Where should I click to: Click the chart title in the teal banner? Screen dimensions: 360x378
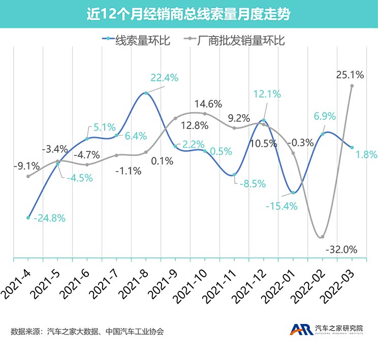[188, 14]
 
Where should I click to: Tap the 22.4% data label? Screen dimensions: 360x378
[164, 78]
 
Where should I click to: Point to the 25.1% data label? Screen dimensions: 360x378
[350, 75]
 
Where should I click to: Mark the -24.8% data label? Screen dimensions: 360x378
[49, 218]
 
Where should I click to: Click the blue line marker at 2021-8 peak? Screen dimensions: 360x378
[146, 93]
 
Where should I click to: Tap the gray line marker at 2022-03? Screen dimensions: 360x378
[352, 86]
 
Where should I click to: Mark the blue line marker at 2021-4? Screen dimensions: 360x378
[28, 217]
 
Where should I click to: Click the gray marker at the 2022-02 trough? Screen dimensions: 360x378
[322, 237]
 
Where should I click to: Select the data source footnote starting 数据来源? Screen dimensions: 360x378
[87, 332]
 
